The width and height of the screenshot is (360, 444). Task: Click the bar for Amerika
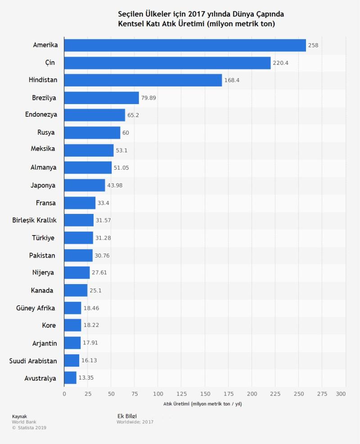click(184, 45)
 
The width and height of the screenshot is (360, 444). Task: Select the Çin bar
click(167, 63)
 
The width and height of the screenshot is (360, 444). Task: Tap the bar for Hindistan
click(143, 80)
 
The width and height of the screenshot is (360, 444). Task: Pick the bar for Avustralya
click(70, 378)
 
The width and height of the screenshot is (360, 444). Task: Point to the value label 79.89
click(148, 98)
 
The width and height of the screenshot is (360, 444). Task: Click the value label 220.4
click(280, 63)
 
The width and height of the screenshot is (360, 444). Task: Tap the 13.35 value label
click(86, 378)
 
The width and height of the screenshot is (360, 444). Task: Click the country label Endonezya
click(41, 115)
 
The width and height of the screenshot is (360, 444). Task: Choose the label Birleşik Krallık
click(34, 220)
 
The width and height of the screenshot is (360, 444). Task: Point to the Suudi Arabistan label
click(33, 361)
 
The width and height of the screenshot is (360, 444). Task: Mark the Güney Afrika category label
click(36, 308)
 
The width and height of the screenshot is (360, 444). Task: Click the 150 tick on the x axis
click(205, 394)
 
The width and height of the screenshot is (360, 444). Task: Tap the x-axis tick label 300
click(341, 394)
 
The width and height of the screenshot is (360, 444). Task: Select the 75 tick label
click(135, 394)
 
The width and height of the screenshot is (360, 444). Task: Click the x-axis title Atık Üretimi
click(202, 404)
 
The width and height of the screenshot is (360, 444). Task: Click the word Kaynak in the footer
click(19, 416)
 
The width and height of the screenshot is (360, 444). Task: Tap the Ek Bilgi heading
click(126, 416)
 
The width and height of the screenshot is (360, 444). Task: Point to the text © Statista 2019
click(29, 428)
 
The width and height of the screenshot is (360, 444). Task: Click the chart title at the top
click(201, 19)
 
